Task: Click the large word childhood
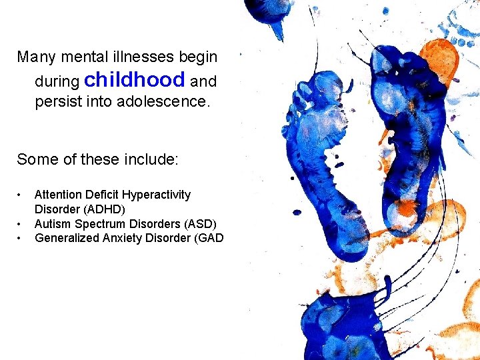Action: (135, 80)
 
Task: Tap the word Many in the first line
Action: (32, 57)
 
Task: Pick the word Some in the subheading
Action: (33, 159)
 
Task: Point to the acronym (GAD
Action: (208, 237)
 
